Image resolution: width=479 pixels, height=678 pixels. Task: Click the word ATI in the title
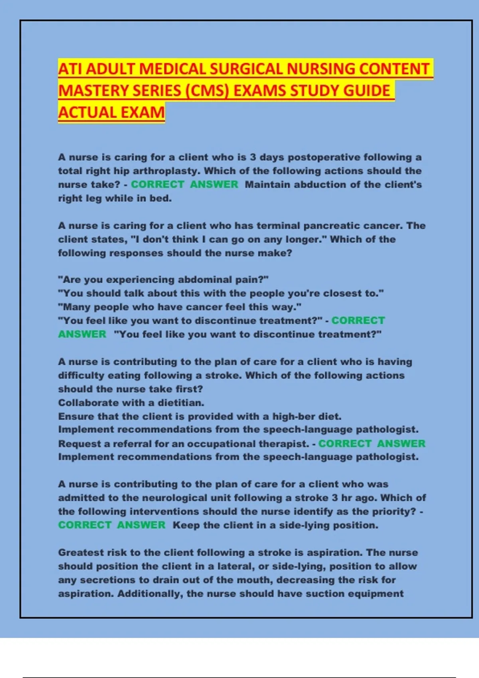point(70,69)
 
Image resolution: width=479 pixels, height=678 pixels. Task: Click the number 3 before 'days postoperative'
point(253,157)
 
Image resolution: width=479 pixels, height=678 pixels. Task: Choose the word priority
point(394,512)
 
